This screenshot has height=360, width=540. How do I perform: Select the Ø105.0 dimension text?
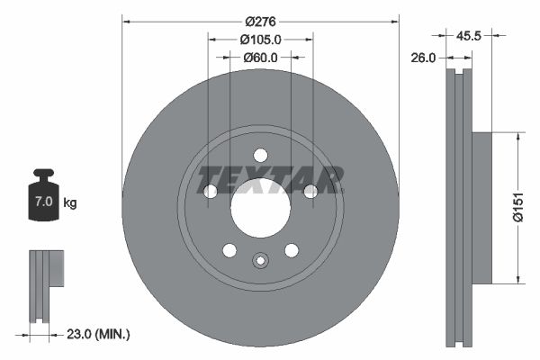click(261, 39)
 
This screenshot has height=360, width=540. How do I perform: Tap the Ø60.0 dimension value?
click(261, 58)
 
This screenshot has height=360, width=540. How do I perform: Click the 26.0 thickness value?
click(423, 58)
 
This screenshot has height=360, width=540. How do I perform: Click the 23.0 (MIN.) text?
click(98, 334)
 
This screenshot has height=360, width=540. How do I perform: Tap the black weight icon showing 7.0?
click(43, 193)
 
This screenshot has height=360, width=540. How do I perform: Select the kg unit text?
click(70, 203)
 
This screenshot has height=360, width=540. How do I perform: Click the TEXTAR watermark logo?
click(270, 179)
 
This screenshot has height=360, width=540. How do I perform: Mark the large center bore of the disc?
click(260, 209)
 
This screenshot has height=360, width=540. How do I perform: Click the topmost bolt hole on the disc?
click(260, 155)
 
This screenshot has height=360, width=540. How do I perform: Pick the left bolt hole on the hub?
click(211, 191)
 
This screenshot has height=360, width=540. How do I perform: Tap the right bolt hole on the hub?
click(310, 191)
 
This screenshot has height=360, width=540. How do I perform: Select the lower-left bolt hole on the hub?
click(229, 249)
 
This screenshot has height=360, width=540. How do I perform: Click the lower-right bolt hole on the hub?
click(292, 249)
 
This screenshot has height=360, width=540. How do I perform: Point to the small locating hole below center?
click(260, 261)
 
